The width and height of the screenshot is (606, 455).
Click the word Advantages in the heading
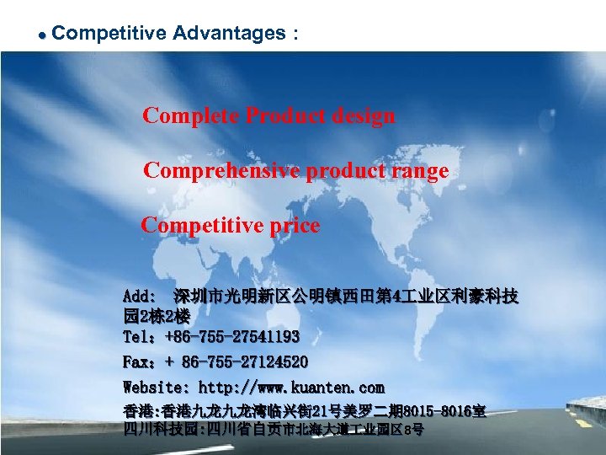coord(229,34)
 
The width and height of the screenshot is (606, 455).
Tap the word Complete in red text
coord(190,115)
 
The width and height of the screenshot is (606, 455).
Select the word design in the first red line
coord(361,115)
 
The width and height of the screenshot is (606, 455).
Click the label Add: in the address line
coord(139,297)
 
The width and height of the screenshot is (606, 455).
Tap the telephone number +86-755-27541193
coord(232,337)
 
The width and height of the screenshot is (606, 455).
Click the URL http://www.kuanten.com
coord(291,388)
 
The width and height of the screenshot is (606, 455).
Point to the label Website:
coord(157,388)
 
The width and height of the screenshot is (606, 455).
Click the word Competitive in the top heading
coord(109,34)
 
